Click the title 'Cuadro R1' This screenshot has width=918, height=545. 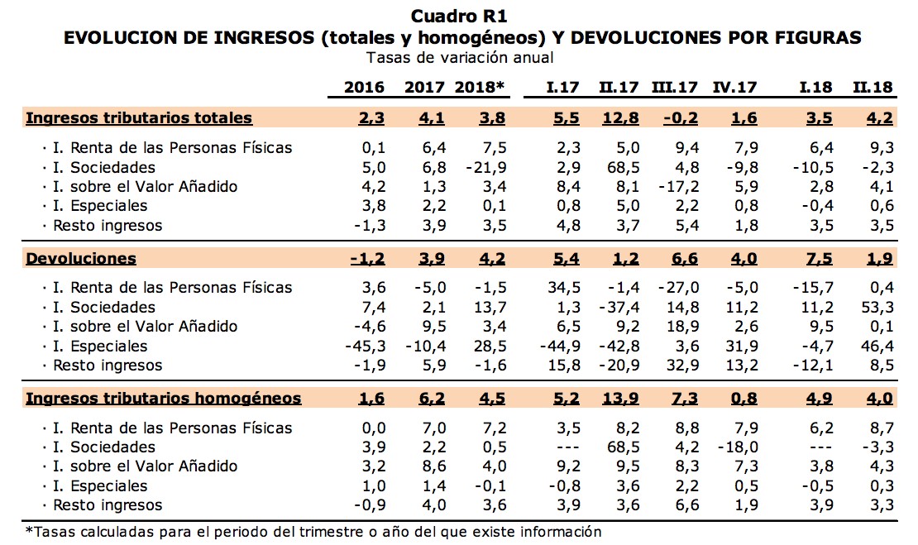pos(459,16)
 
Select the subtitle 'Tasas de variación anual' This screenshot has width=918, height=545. pos(459,57)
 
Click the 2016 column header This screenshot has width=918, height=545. pos(364,88)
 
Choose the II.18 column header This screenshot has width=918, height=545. pos(873,88)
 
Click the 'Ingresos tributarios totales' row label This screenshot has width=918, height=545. pos(139,117)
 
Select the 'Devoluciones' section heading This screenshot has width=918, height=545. pos(81,258)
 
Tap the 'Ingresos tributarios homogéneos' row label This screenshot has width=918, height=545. pos(164,399)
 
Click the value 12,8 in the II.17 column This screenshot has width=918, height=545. pos(621,117)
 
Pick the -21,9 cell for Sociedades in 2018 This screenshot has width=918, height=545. pos(486,167)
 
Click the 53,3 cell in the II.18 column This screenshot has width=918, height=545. pos(877,308)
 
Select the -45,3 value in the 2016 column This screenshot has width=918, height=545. pos(364,346)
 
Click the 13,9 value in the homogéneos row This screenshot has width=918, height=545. pos(621,399)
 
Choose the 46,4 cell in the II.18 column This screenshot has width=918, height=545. pos(877,346)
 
